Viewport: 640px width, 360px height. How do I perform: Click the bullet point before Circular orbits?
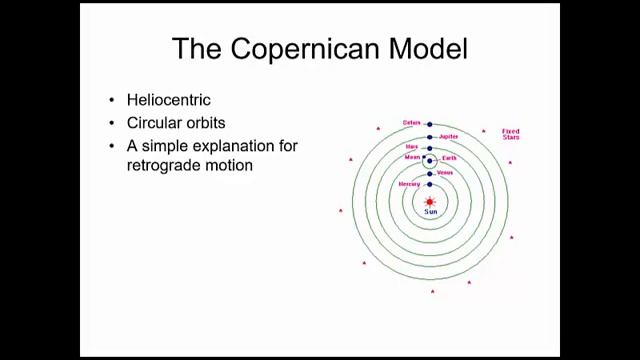[112, 123]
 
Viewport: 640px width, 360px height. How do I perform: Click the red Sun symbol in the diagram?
[430, 201]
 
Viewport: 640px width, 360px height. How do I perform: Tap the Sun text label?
[430, 212]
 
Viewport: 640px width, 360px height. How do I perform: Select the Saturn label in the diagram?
[411, 123]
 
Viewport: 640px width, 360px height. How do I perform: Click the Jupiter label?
[448, 136]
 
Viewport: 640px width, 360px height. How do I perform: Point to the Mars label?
[411, 146]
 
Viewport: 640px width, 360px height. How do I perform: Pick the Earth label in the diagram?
[449, 158]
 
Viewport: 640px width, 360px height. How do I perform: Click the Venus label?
[445, 173]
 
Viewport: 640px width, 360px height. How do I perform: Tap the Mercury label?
[409, 184]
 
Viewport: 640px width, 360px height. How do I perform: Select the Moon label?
[411, 157]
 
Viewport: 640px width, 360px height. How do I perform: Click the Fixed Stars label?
[511, 134]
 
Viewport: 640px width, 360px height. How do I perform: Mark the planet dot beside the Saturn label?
[430, 124]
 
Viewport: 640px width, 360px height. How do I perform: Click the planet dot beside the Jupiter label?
[430, 137]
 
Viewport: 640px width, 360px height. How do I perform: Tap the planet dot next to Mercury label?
[430, 185]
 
